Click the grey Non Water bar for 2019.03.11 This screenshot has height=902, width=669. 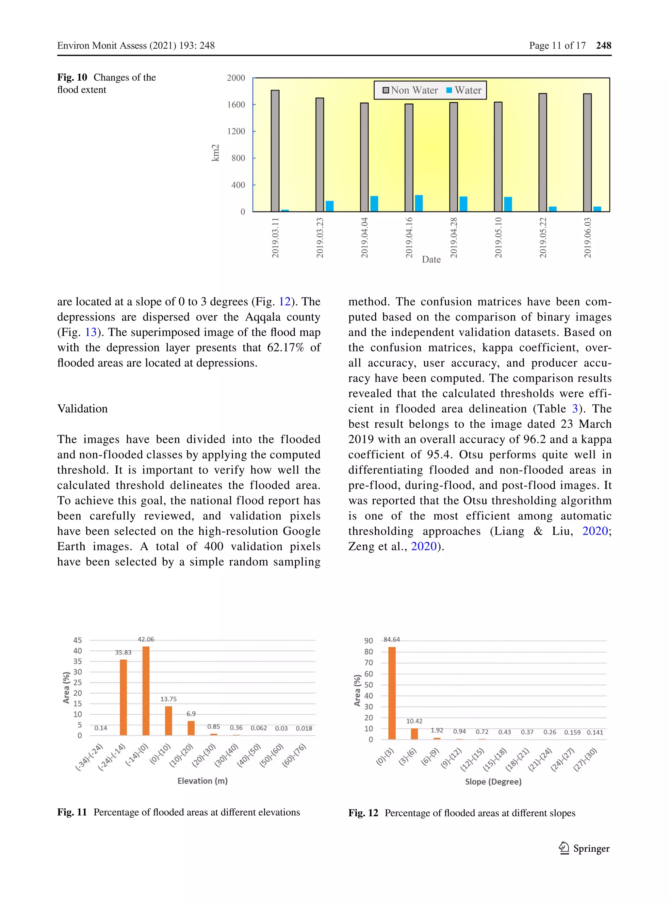[x=275, y=151]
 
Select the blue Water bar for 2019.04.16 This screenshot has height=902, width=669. [x=419, y=203]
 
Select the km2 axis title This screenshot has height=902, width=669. [x=216, y=153]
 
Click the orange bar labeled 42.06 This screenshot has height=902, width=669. [x=146, y=690]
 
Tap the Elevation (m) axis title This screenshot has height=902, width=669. [x=203, y=781]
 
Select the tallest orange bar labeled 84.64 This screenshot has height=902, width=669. [x=392, y=693]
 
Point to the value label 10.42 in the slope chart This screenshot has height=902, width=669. [x=414, y=721]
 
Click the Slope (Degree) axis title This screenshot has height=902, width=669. [x=493, y=782]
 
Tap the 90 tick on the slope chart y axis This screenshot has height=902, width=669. [x=368, y=641]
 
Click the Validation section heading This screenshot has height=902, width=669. [x=83, y=408]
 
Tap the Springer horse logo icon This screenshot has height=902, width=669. [x=564, y=848]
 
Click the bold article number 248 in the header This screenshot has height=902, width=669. [x=603, y=45]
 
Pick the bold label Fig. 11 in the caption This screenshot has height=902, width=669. [x=72, y=812]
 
